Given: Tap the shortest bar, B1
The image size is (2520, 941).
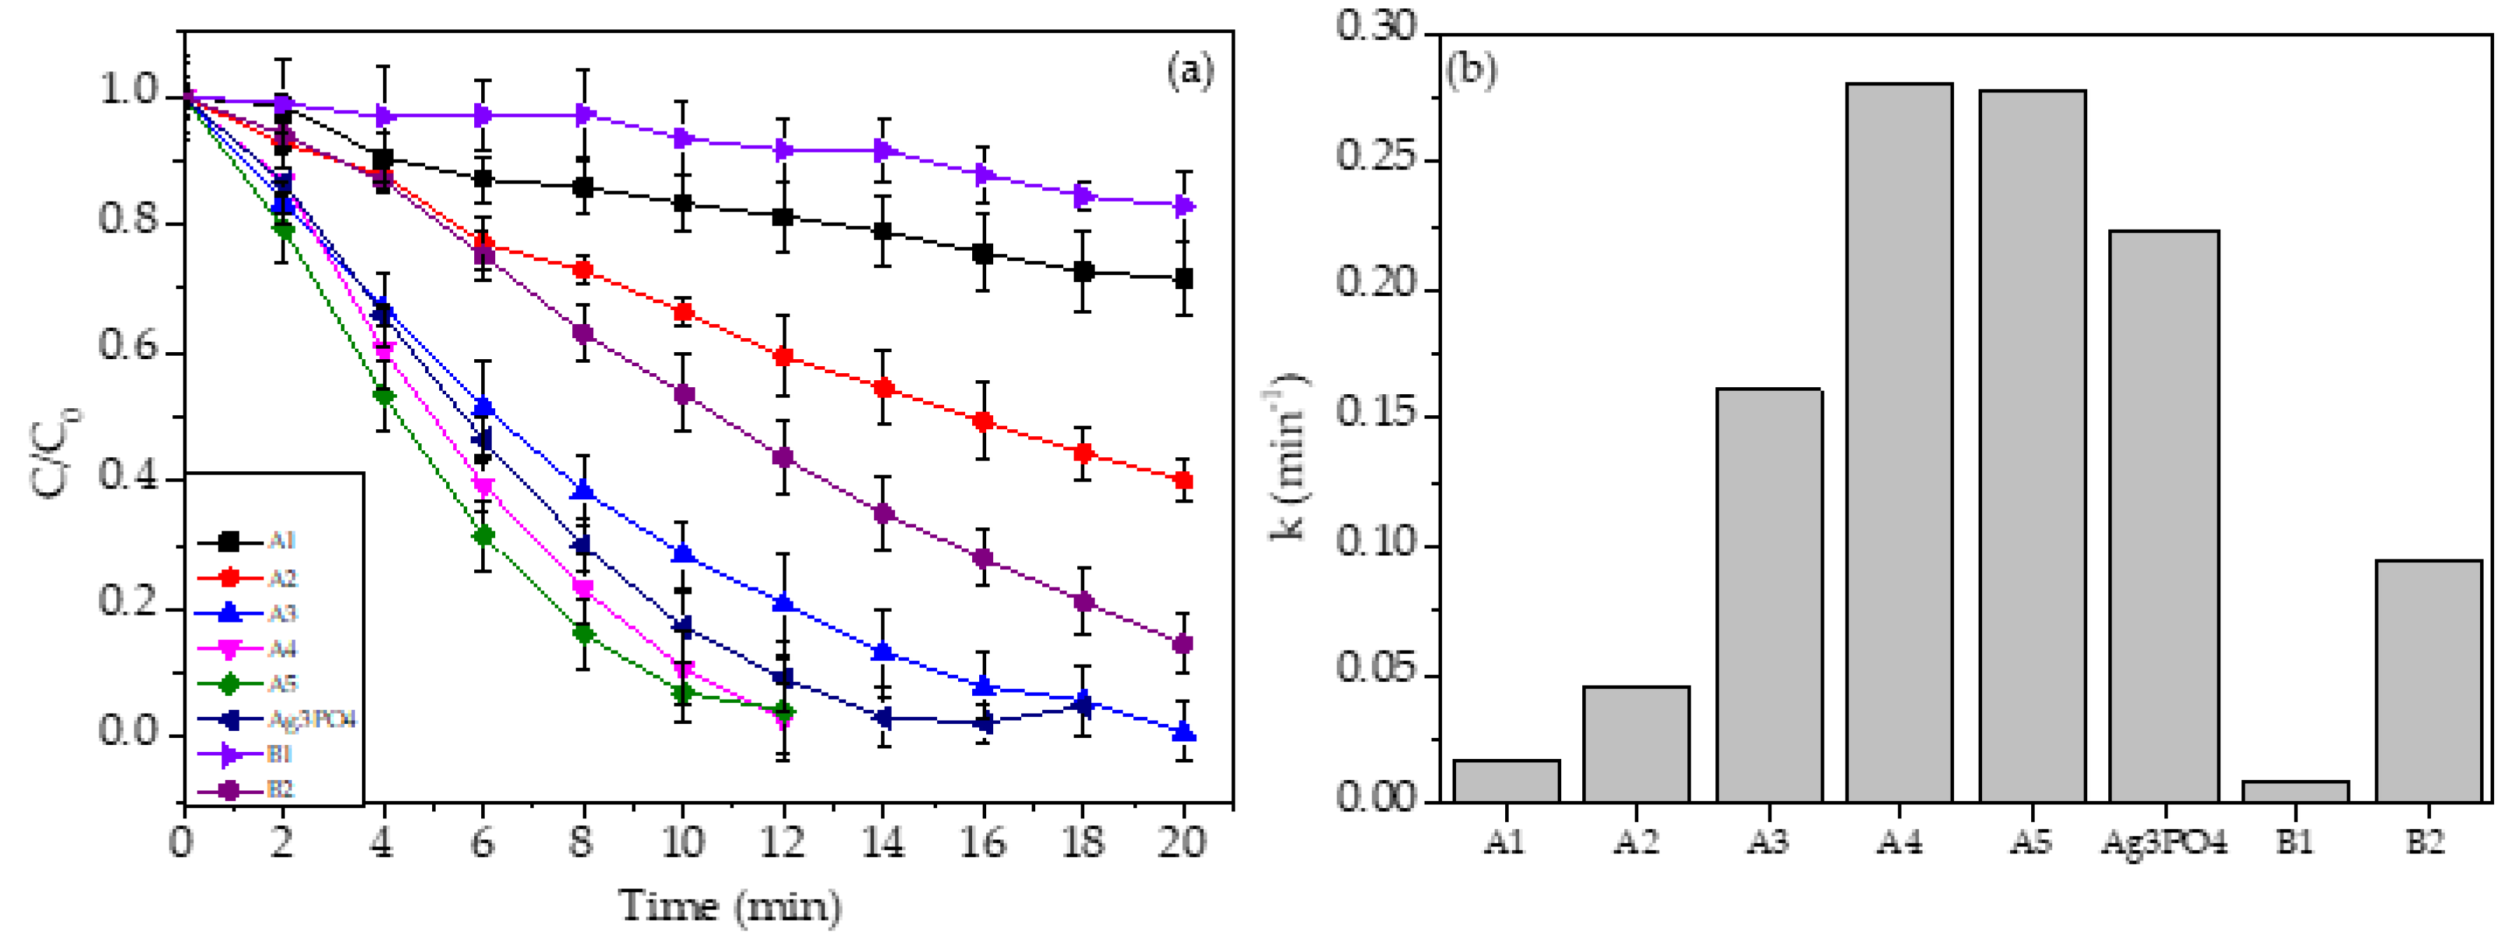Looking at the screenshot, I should (2295, 790).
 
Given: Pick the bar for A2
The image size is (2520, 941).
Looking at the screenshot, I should (1635, 744).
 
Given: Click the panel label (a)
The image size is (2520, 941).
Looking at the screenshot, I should (1189, 71).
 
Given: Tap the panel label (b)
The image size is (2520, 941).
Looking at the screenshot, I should (1470, 71).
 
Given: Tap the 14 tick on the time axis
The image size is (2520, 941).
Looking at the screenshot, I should (882, 841).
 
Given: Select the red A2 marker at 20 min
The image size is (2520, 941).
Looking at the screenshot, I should (1183, 480).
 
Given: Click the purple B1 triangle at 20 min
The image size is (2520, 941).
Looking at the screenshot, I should (1183, 205).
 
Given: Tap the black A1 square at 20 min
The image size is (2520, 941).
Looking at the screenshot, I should (1183, 279).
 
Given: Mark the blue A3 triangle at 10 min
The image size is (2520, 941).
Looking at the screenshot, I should (683, 554).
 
